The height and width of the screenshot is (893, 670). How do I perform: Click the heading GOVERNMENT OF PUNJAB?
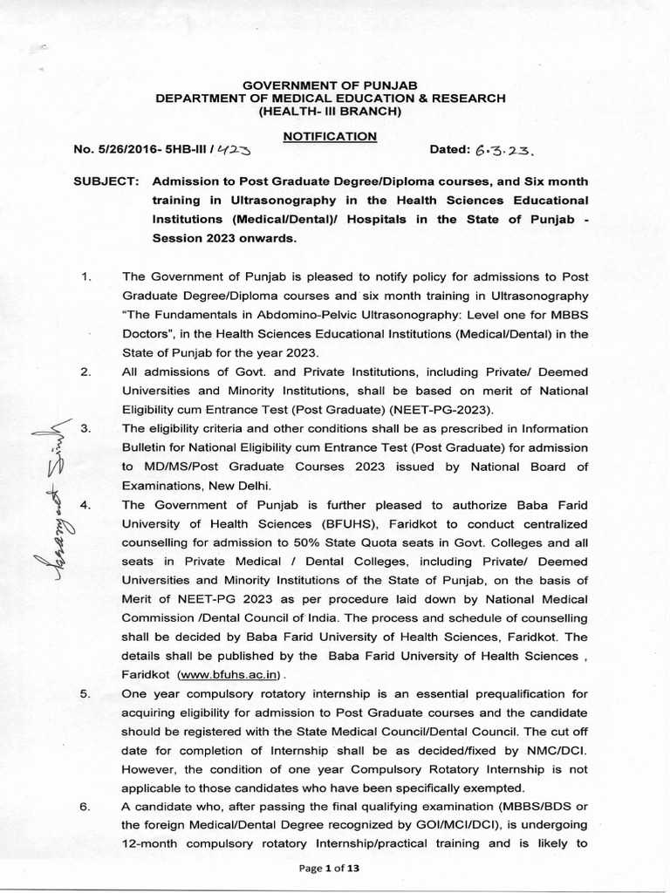pos(330,85)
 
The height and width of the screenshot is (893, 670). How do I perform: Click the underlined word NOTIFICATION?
pos(330,136)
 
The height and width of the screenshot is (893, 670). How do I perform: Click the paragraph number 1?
pos(85,277)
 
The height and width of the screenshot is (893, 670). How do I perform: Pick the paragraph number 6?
pos(85,807)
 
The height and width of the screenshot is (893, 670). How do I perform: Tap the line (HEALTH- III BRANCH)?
pos(330,112)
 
